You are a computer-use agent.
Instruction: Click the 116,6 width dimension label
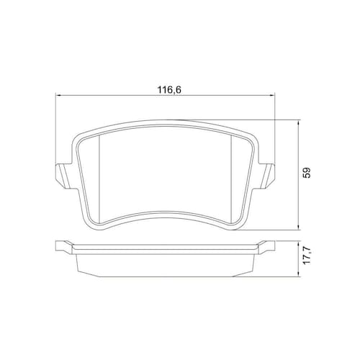click(169, 90)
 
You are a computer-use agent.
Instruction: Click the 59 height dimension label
click(307, 172)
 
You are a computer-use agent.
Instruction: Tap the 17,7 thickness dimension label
click(307, 255)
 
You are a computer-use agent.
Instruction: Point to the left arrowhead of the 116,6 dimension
click(57, 96)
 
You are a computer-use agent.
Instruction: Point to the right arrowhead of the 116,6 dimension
click(272, 96)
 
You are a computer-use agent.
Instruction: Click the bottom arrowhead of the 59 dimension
click(298, 228)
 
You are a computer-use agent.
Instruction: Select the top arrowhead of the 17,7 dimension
click(298, 243)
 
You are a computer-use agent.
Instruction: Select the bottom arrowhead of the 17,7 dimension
click(298, 275)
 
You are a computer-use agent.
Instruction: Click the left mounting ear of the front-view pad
click(63, 176)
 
